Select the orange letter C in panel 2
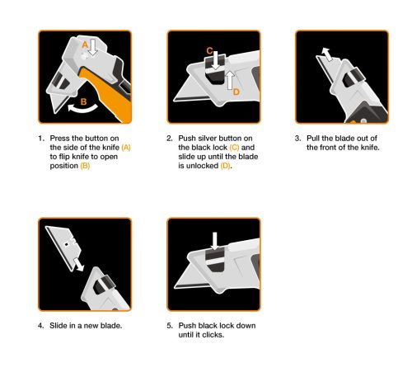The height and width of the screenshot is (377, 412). tap(209, 51)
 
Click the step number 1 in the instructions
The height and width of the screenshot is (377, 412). tap(41, 139)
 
